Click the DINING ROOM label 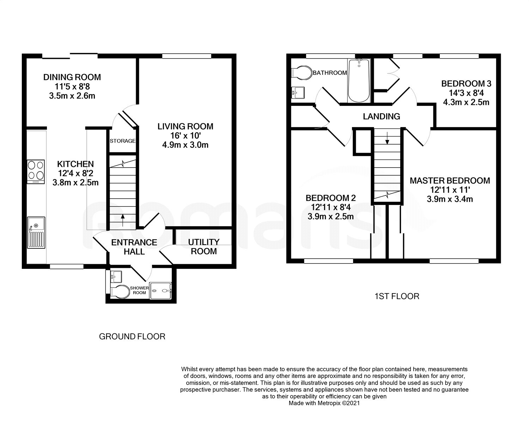click(x=72, y=77)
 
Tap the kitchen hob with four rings click(x=36, y=171)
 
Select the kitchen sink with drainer click(x=36, y=232)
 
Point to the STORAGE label click(x=122, y=141)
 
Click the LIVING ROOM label click(x=185, y=126)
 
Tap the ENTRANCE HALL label click(x=134, y=247)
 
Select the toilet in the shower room click(x=120, y=292)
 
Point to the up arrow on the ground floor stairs click(x=122, y=220)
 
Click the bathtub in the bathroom click(x=359, y=80)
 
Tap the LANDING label click(x=382, y=116)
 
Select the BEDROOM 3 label click(x=466, y=84)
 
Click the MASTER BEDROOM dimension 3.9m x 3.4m click(x=450, y=199)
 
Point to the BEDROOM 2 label click(x=330, y=198)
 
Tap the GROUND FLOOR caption click(x=132, y=337)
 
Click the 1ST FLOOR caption click(x=397, y=296)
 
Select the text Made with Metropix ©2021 click(x=324, y=403)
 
